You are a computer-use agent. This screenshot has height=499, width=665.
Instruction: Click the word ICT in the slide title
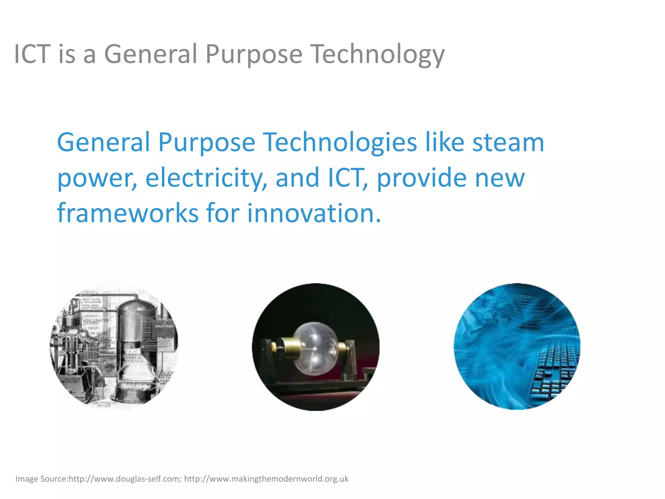click(32, 54)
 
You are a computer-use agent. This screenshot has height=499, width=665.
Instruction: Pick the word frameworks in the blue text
click(128, 213)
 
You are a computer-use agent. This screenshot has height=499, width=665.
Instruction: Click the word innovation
click(314, 213)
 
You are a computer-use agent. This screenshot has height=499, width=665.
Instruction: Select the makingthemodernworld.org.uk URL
click(266, 479)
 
